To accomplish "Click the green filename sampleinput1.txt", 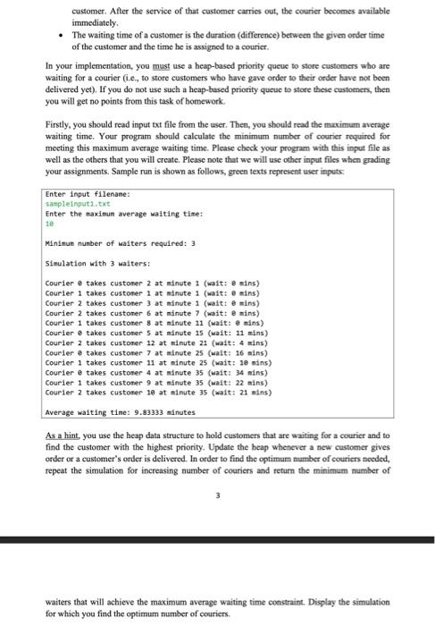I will (x=72, y=203).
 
